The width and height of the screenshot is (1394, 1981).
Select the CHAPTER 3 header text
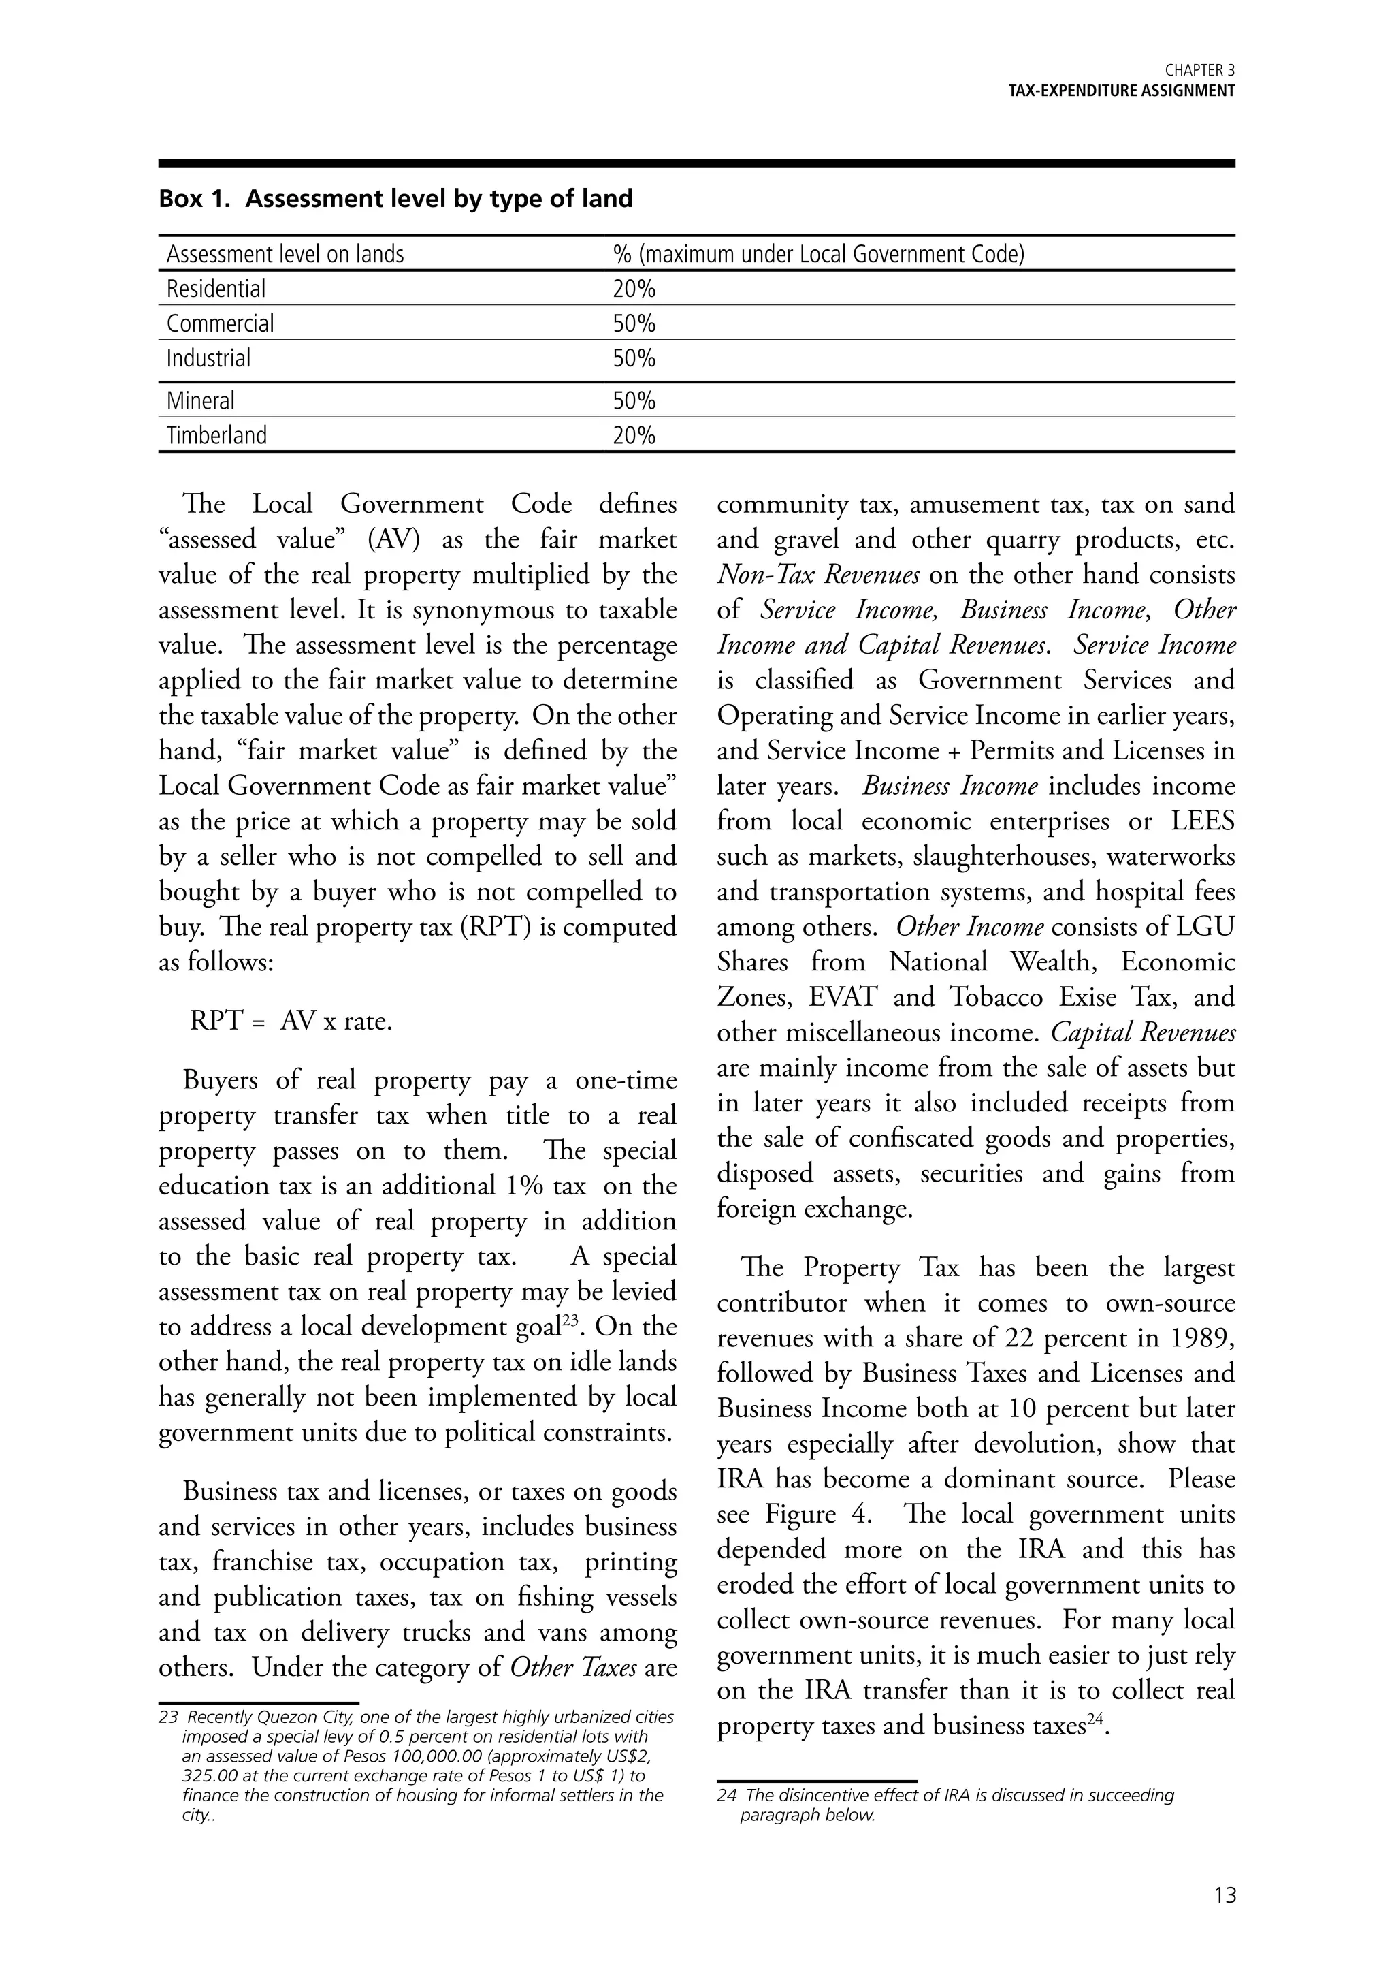pos(1199,71)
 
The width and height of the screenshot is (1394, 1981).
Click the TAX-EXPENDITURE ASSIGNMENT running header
pos(1122,91)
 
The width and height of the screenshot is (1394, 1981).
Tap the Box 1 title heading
pos(395,200)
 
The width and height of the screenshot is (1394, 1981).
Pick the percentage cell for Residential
pos(634,289)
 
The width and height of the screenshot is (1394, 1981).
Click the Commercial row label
pos(220,323)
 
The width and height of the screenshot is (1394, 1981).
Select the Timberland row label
pos(216,436)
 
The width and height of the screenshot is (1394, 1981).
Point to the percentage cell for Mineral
pos(634,401)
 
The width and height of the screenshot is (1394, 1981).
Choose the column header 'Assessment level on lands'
pos(285,255)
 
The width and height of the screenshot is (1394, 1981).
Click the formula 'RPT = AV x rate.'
pos(291,1021)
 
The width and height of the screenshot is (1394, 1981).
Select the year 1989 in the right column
pos(1203,1338)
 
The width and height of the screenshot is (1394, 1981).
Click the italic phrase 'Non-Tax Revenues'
pos(817,575)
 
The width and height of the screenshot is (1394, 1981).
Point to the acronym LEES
pos(1203,821)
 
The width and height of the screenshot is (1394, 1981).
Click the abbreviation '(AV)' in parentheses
pos(393,540)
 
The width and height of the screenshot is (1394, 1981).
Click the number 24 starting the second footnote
pos(726,1796)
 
